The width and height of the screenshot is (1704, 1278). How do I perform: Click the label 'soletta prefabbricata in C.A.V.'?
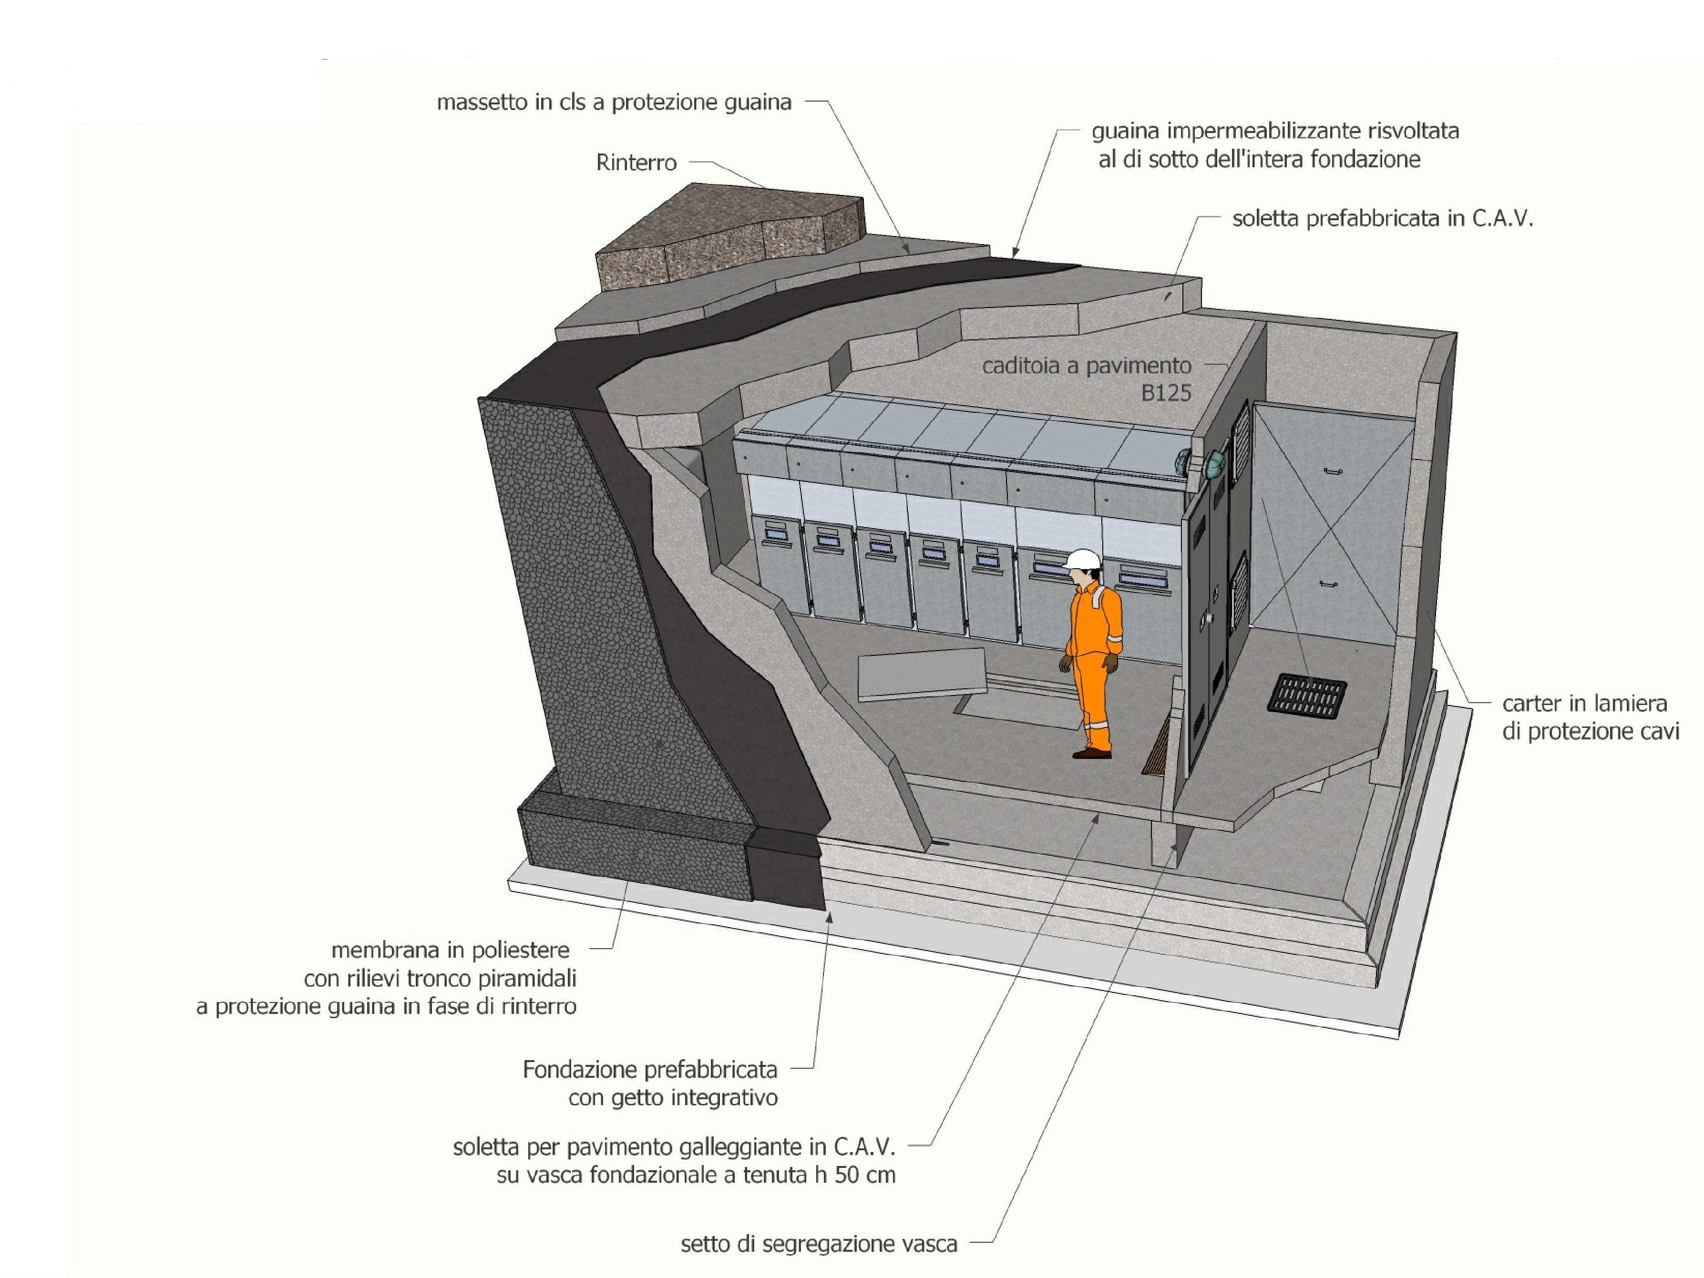click(1382, 219)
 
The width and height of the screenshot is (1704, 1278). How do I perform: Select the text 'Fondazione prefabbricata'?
click(649, 1069)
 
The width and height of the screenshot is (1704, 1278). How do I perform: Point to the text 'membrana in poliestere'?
click(450, 950)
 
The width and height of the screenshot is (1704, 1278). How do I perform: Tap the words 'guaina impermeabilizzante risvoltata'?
click(1275, 131)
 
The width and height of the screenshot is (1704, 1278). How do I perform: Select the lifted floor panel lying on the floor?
click(922, 674)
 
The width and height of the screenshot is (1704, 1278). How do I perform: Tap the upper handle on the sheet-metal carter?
click(1334, 470)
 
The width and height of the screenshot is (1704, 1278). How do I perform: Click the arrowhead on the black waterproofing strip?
click(1016, 251)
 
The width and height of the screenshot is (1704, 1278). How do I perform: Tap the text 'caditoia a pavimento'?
click(1086, 366)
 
